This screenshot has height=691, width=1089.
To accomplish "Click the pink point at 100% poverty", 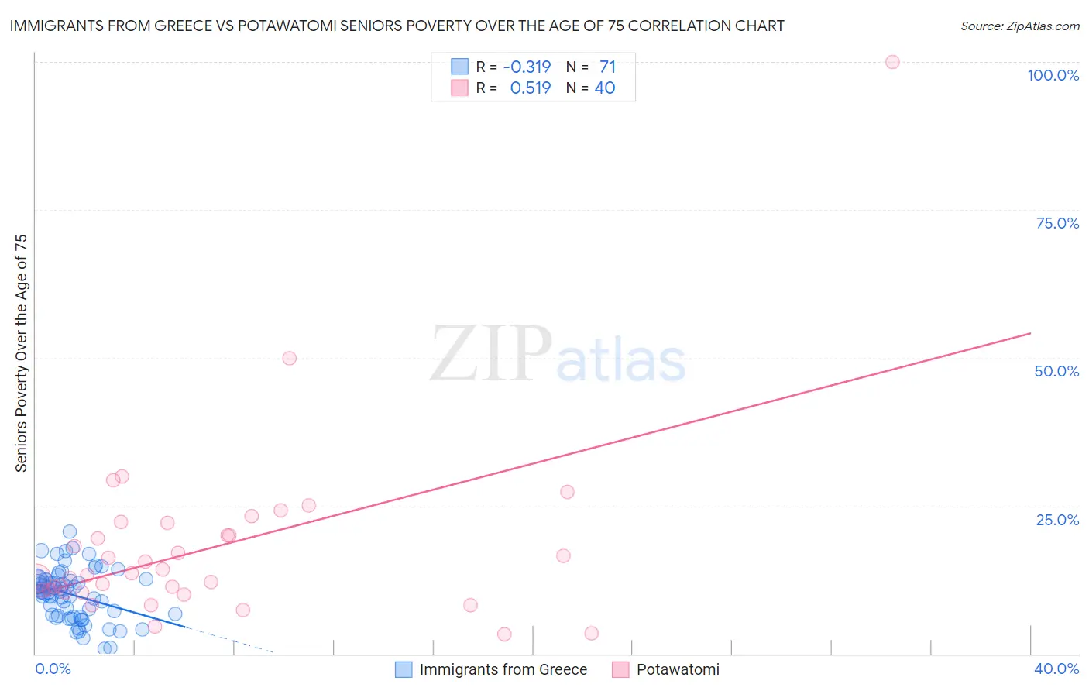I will (892, 62).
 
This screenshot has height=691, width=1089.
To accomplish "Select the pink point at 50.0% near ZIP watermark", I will (289, 358).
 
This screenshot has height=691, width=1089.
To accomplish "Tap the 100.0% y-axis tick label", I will (1053, 75).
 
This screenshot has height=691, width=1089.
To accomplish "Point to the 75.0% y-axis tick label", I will (1056, 223).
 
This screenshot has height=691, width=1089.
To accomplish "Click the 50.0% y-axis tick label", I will (1056, 371).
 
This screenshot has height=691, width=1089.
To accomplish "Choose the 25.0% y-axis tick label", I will (1057, 520).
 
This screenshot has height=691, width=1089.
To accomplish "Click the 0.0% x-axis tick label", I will (53, 669).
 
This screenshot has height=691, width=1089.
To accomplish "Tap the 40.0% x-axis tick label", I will (1056, 669).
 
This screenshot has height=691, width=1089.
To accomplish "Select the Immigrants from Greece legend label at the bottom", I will (503, 669).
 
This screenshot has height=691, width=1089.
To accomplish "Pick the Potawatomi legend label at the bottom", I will (677, 669).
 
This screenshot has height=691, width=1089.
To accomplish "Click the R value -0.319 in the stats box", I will (527, 67).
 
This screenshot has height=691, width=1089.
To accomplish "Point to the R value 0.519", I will (530, 88).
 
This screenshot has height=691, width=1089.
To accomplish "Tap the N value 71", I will (607, 67).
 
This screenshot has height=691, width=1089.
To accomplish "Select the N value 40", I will (604, 88).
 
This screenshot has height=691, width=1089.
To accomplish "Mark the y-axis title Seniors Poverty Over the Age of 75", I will (21, 352).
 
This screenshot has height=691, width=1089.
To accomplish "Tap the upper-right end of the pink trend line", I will (1030, 333).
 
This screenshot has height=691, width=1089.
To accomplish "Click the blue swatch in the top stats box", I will (459, 67).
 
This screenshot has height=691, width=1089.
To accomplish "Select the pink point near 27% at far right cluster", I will (567, 492).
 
